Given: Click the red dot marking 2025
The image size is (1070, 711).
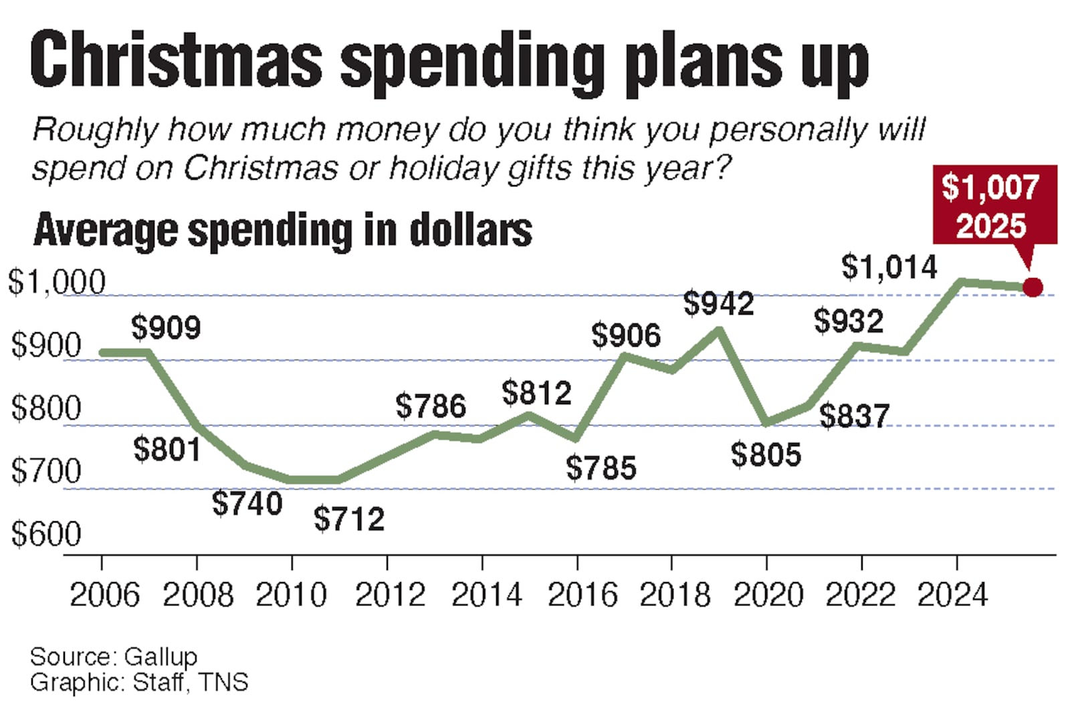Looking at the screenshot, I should click(x=1033, y=288).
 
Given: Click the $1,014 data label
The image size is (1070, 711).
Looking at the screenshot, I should click(x=889, y=267).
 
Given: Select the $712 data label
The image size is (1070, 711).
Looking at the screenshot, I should click(x=349, y=519).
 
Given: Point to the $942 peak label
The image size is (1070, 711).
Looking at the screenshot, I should click(x=718, y=304).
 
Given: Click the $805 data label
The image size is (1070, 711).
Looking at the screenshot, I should click(x=766, y=455).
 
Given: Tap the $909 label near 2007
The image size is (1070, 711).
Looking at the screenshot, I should click(x=166, y=328).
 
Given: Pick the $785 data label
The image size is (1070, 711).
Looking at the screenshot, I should click(x=601, y=468).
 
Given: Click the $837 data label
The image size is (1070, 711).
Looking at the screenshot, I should click(x=854, y=416).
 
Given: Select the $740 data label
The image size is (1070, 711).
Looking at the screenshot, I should click(x=247, y=503).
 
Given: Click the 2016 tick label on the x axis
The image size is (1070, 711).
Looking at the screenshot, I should click(x=582, y=595).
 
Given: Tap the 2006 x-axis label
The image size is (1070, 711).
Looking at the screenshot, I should click(x=104, y=595).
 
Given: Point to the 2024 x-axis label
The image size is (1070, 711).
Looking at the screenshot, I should click(x=952, y=595).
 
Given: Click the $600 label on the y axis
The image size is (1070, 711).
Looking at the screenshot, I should click(x=45, y=534).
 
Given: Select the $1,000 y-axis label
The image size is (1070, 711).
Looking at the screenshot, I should click(x=56, y=282).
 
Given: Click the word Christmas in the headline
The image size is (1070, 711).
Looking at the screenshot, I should click(x=176, y=61).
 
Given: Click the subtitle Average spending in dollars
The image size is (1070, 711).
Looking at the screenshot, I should click(x=282, y=231).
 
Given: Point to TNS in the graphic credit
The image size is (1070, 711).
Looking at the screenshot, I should click(x=223, y=683).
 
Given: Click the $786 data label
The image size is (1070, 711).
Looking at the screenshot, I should click(x=430, y=406).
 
